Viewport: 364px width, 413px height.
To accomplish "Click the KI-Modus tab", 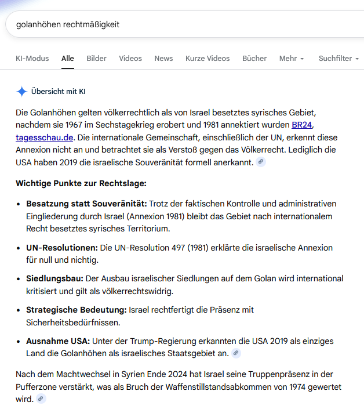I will [x=32, y=59].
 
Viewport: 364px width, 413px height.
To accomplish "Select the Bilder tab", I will [x=96, y=59].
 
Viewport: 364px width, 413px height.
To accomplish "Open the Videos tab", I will [x=130, y=59].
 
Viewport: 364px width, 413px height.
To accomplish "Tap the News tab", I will [x=163, y=59].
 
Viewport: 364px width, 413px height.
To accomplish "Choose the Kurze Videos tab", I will [x=208, y=59].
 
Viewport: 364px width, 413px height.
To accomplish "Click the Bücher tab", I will [x=254, y=59].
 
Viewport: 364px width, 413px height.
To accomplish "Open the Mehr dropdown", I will [x=292, y=59].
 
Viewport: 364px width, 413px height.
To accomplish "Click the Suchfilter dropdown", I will [x=338, y=59].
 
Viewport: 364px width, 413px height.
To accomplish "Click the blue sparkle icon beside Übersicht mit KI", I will [x=22, y=92].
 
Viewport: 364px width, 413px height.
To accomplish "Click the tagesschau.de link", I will [x=45, y=137].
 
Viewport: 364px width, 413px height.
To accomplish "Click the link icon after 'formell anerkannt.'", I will [x=261, y=162].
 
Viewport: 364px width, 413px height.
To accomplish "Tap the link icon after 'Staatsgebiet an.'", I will [x=236, y=353].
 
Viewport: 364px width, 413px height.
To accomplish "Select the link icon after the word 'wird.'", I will [x=41, y=399].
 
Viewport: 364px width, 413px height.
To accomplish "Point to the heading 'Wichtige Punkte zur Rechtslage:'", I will [x=81, y=184].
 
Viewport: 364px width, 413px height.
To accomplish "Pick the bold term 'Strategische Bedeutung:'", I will [x=76, y=310].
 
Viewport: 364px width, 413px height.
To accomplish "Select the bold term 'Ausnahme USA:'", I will [x=58, y=341].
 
